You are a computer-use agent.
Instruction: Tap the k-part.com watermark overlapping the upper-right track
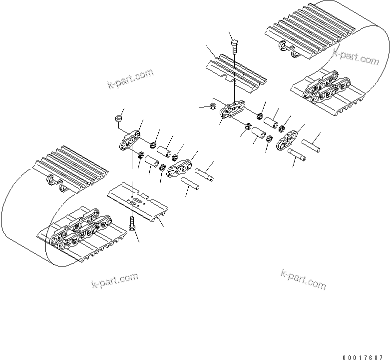pyautogui.click(x=356, y=56)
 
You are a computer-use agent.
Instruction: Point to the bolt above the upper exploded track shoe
pyautogui.click(x=235, y=47)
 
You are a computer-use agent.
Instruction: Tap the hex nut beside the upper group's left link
pyautogui.click(x=212, y=106)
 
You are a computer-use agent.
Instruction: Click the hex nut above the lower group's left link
pyautogui.click(x=119, y=118)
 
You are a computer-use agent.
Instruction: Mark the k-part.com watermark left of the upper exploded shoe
pyautogui.click(x=130, y=78)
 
